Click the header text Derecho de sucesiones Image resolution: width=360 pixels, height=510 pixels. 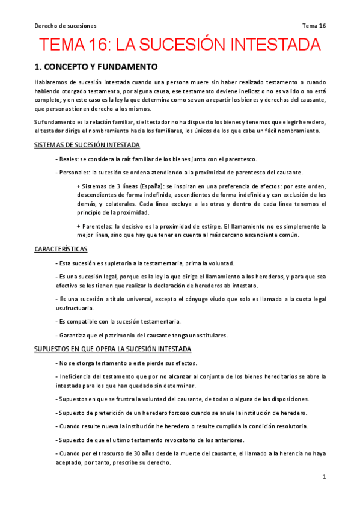66,26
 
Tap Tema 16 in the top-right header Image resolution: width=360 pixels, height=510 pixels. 314,26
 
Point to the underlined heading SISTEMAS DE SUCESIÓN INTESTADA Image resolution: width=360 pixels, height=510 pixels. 87,145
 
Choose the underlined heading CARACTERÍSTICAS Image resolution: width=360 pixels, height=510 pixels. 61,248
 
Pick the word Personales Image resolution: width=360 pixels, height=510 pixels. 75,172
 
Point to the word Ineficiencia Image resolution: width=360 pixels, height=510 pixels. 78,376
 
